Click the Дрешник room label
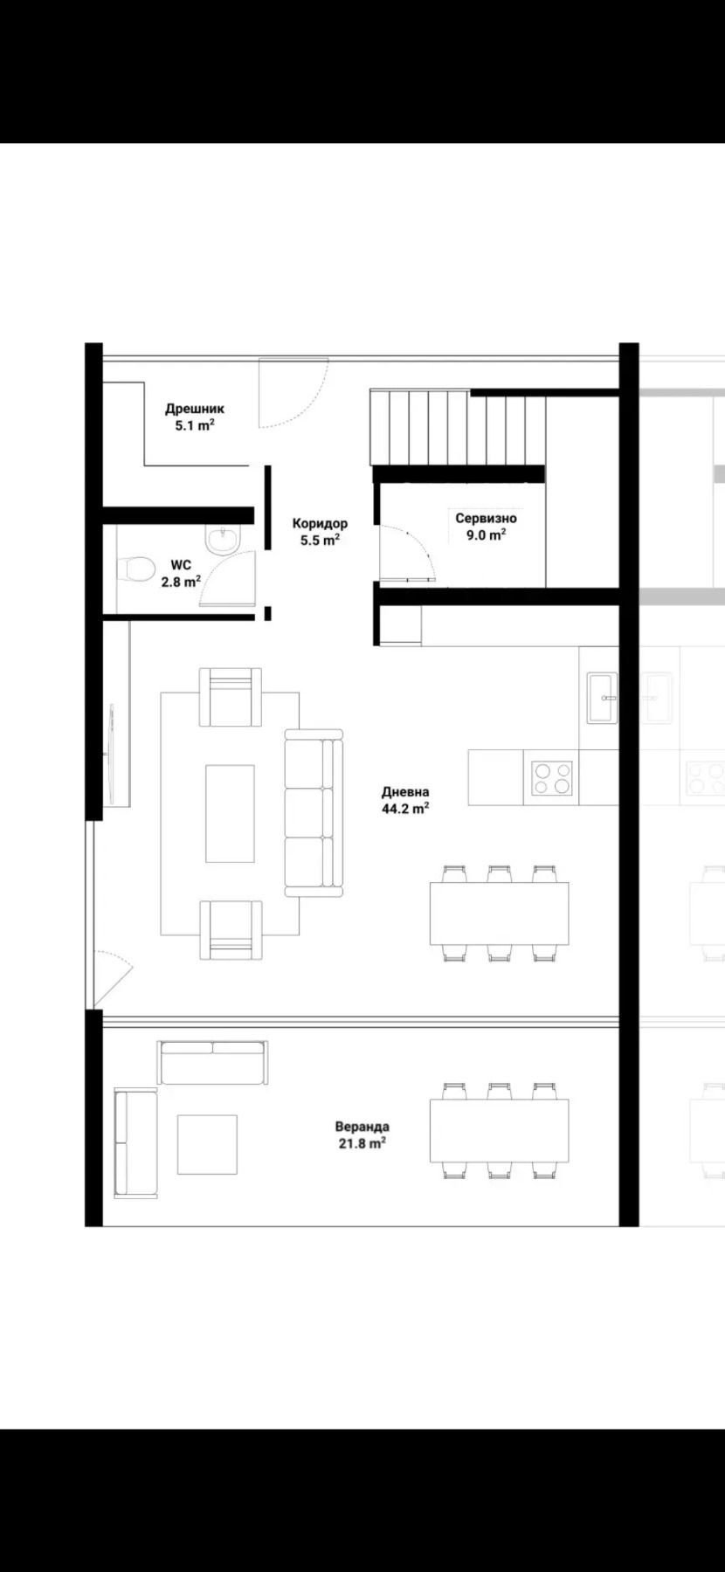195,408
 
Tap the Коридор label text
320,523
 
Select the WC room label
181,565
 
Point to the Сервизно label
486,518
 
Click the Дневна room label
405,792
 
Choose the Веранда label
362,1127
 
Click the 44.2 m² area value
405,809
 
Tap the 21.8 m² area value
362,1143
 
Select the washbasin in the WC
221,539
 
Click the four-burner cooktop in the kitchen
553,777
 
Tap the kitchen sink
602,698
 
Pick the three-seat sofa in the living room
314,813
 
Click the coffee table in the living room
230,813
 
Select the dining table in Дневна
499,914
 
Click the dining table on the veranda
499,1131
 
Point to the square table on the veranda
207,1145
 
